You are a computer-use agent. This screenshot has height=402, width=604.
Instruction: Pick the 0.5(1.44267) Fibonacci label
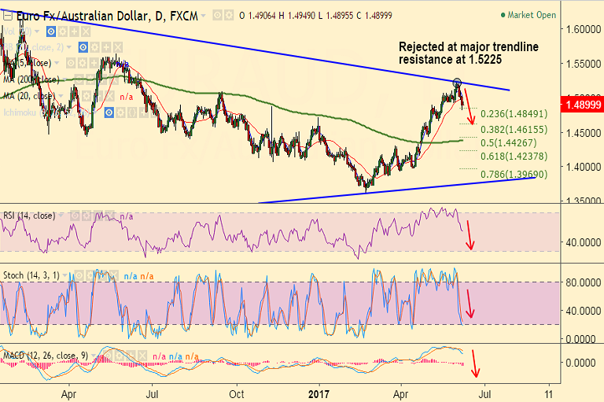click(512, 142)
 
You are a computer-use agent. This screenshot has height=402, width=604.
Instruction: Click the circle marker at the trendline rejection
click(457, 81)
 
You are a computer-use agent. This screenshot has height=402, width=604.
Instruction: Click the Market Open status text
click(531, 14)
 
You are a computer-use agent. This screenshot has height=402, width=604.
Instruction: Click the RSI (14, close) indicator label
click(29, 216)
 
